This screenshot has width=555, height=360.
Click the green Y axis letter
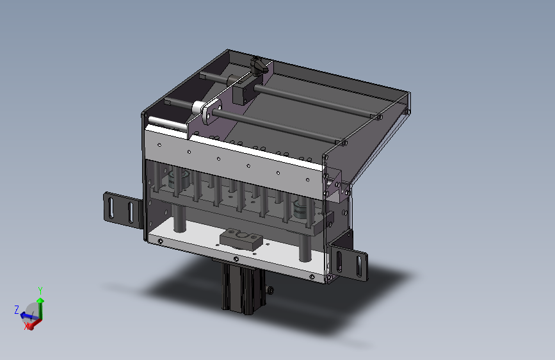coord(40,291)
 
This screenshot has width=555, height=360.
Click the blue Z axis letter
coord(17,309)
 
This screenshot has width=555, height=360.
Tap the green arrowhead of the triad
coord(40,300)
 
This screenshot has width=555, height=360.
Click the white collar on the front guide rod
coord(198,108)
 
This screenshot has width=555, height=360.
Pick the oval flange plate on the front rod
coord(212,111)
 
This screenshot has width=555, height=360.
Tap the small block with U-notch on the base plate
coord(241,239)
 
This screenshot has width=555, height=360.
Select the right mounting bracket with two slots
coord(349,261)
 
